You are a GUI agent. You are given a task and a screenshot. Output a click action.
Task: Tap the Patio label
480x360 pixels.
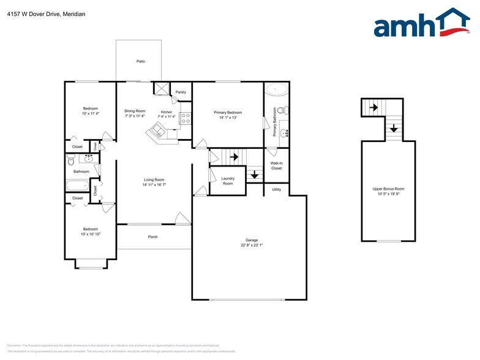[140, 61]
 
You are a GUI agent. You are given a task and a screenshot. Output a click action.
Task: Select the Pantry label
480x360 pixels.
[181, 92]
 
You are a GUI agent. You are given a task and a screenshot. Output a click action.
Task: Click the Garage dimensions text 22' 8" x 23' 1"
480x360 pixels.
[251, 245]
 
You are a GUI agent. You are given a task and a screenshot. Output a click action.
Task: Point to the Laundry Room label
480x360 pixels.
[227, 181]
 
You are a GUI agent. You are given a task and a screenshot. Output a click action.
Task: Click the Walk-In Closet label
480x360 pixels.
[277, 165]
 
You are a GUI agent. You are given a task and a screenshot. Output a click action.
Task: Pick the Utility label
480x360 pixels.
[277, 190]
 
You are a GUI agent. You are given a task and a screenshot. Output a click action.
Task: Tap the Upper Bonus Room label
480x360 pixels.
[389, 189]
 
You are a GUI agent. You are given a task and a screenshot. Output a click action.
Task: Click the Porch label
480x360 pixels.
[153, 237]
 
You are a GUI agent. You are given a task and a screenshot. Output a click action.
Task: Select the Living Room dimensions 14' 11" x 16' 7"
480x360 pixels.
[154, 184]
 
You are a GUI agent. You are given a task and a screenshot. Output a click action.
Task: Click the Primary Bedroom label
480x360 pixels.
[228, 113]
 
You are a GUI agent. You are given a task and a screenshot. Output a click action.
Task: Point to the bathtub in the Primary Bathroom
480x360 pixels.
[277, 90]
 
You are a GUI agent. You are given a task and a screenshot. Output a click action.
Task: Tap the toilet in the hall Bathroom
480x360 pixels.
[71, 161]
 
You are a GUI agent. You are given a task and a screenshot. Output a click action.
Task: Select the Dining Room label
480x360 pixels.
[135, 111]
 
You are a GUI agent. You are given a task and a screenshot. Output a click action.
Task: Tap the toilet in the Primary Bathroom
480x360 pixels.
[282, 111]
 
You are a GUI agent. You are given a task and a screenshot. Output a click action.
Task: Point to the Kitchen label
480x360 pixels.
[167, 112]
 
